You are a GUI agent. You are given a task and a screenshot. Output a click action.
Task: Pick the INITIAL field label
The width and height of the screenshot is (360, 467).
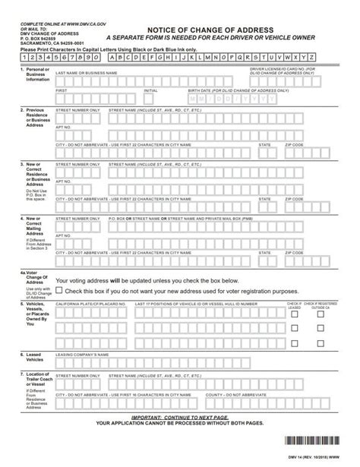click(150, 90)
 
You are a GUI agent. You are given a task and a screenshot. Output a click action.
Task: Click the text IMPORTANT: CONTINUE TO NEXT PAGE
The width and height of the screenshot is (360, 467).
click(179, 417)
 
